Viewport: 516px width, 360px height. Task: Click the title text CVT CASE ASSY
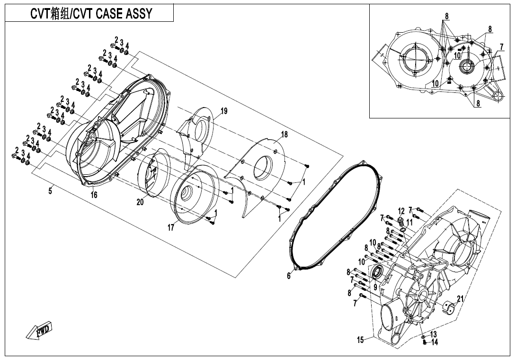pos(90,13)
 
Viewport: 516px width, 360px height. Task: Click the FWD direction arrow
pos(39,330)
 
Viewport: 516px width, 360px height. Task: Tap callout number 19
pos(224,111)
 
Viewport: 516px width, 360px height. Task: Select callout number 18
pos(284,135)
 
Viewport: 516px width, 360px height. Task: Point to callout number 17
pos(170,228)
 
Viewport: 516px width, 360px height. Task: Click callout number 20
pos(140,202)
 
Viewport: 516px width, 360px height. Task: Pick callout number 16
pos(94,195)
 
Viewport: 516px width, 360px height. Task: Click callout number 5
pos(50,190)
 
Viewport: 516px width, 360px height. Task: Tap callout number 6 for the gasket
pos(289,276)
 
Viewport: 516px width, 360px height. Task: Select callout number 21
pos(460,298)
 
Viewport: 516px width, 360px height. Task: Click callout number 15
pos(361,339)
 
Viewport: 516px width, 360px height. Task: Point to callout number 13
pos(434,334)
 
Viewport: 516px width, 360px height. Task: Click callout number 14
pos(435,342)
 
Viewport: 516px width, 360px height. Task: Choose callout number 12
pos(401,211)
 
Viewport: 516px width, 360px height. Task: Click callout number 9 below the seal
pos(375,287)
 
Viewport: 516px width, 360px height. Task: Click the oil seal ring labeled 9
pos(377,272)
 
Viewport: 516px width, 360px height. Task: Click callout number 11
pos(409,222)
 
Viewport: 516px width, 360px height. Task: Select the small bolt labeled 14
pos(425,342)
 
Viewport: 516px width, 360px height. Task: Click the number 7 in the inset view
pos(501,47)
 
